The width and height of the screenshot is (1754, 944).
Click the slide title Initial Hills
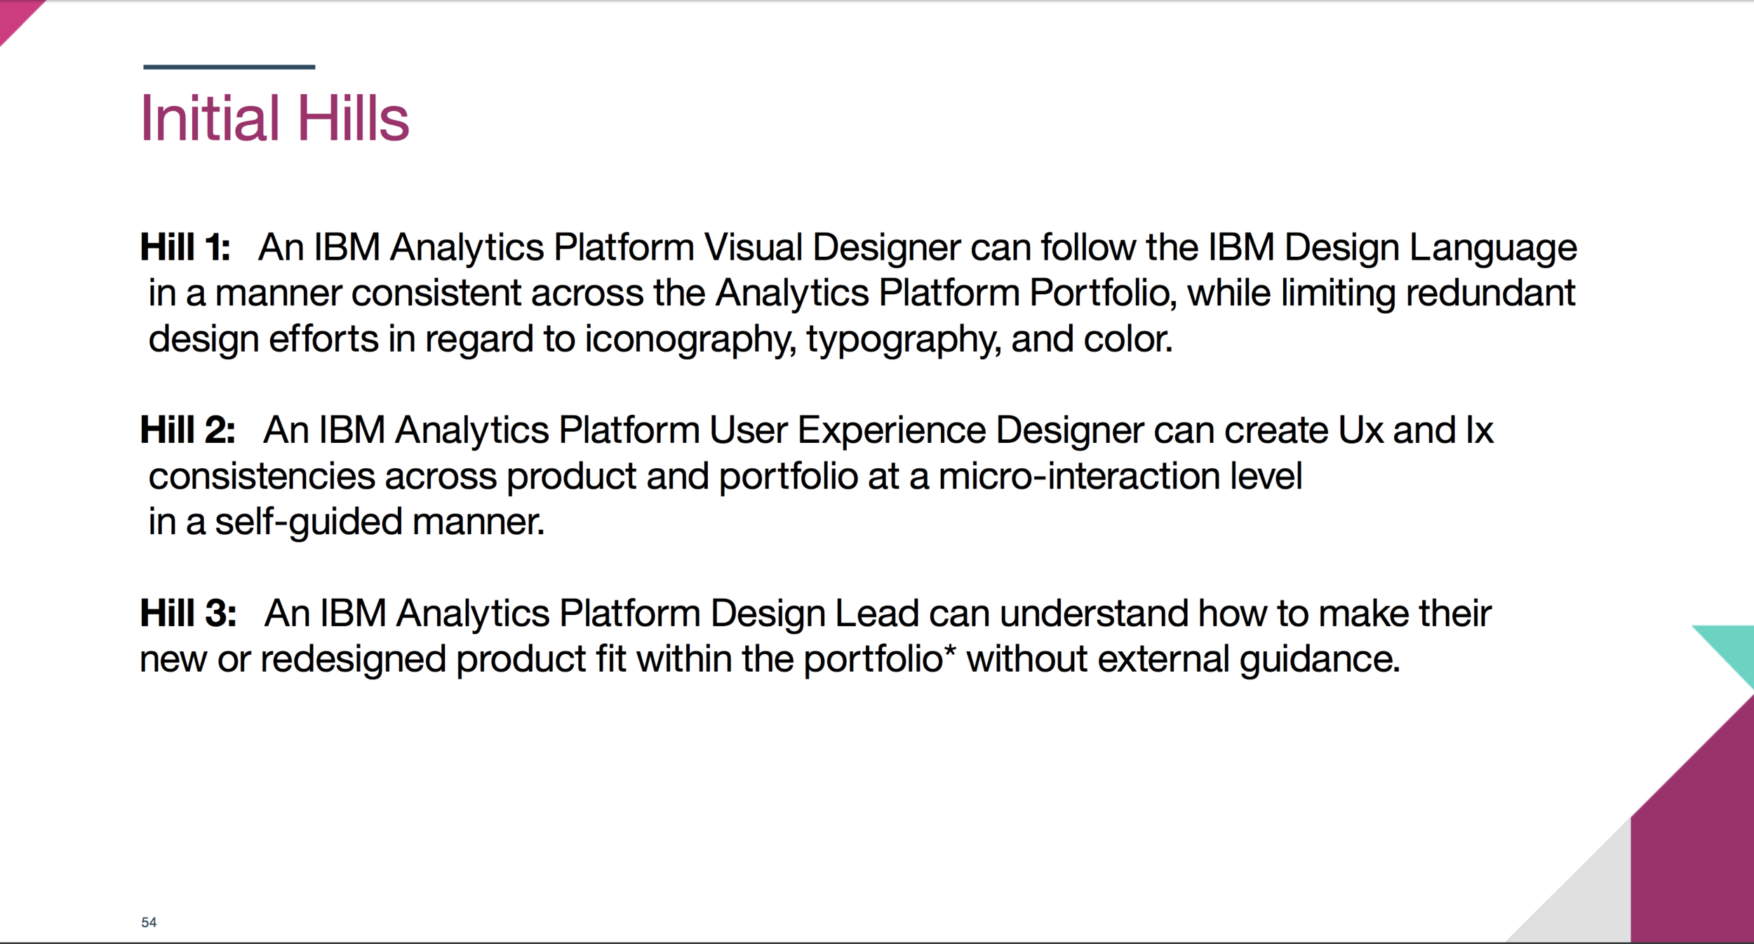[274, 118]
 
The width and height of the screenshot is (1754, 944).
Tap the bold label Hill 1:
[185, 248]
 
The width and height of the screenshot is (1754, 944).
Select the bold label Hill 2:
[187, 430]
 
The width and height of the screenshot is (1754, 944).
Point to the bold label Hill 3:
[188, 613]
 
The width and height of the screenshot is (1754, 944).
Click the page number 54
[149, 922]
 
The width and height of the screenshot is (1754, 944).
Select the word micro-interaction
[1080, 477]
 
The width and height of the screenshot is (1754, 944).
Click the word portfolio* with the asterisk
[880, 660]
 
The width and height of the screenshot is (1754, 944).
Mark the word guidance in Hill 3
[1319, 660]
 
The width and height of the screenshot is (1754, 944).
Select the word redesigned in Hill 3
[353, 660]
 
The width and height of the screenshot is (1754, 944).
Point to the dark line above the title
[229, 67]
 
